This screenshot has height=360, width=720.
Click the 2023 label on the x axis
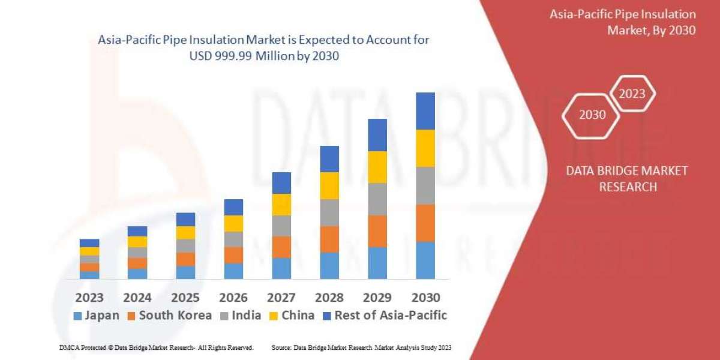[89, 298]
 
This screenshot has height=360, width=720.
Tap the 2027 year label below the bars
[281, 298]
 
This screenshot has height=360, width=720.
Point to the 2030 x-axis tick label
[425, 298]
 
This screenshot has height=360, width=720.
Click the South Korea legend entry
[169, 316]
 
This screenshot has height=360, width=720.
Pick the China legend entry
[292, 316]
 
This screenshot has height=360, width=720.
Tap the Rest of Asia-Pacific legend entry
[385, 316]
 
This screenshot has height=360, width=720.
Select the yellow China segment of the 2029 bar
[377, 167]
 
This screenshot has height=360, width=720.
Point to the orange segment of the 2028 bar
[329, 239]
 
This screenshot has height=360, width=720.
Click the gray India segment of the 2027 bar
[281, 226]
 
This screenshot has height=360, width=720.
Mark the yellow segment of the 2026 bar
[233, 223]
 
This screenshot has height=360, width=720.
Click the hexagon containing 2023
[632, 94]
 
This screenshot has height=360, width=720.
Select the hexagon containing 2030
[592, 115]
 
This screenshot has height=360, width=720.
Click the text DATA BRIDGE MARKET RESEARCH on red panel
[627, 179]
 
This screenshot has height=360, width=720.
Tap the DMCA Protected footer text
[156, 347]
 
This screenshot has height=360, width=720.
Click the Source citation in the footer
[361, 347]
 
